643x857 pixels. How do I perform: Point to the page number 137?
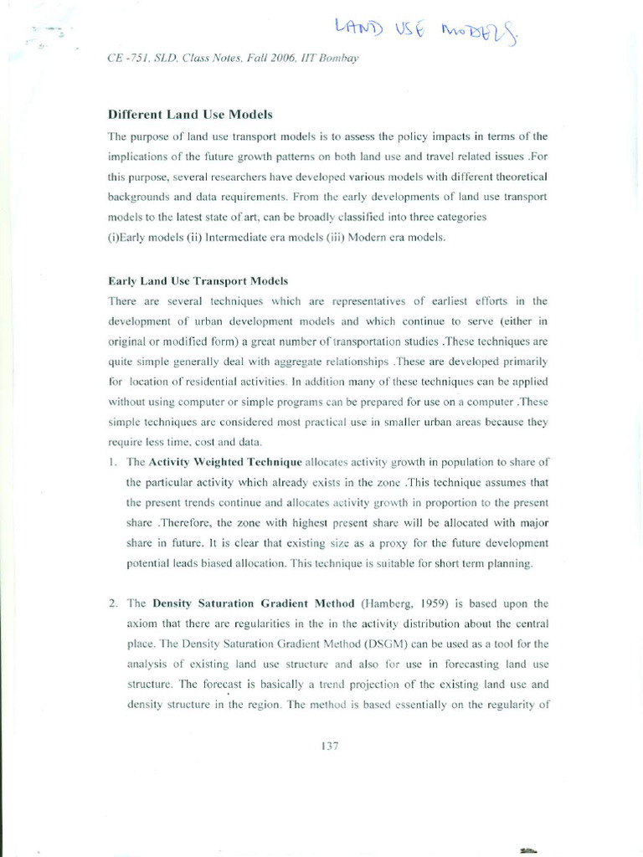point(329,746)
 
